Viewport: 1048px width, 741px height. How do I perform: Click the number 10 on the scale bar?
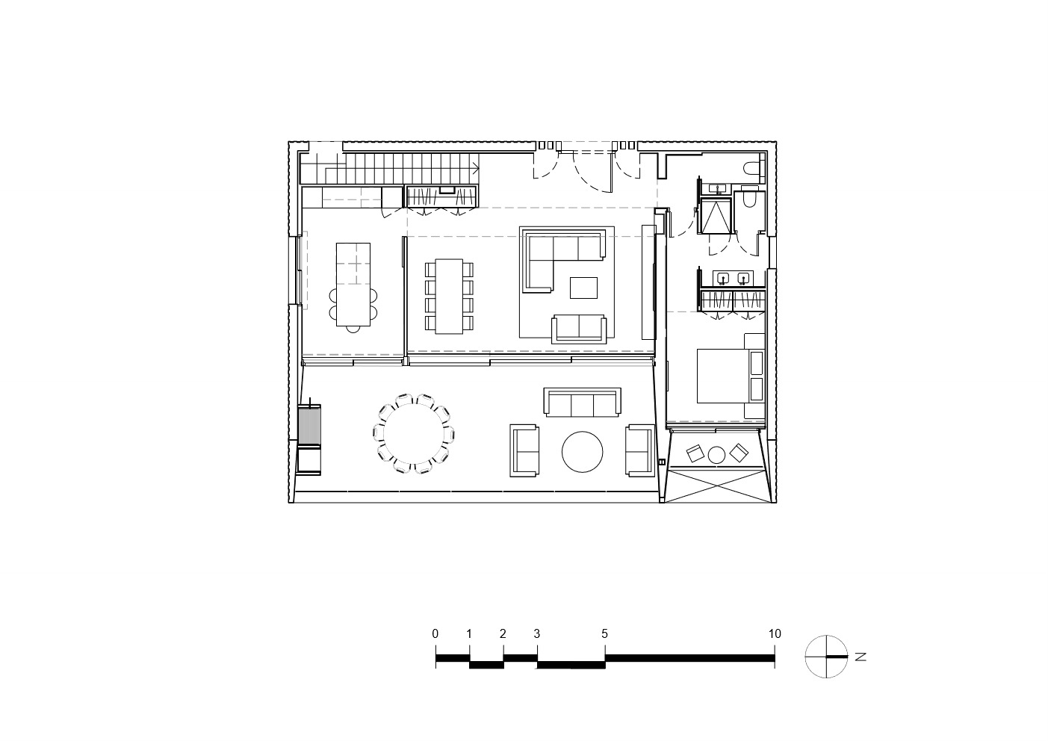tap(775, 633)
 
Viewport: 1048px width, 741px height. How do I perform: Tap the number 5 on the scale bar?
tap(604, 633)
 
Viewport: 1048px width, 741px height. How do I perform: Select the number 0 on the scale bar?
tap(435, 633)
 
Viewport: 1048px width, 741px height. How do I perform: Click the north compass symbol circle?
tap(826, 657)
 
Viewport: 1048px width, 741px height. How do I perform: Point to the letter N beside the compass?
tap(861, 657)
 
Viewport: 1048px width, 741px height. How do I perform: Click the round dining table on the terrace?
tap(414, 434)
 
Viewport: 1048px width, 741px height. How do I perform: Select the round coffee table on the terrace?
tap(582, 451)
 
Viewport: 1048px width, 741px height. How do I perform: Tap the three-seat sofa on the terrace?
tap(582, 402)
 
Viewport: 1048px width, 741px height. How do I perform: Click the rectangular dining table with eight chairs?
tap(449, 296)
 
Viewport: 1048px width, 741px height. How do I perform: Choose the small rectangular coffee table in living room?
tap(583, 288)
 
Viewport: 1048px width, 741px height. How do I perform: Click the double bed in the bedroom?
tap(731, 376)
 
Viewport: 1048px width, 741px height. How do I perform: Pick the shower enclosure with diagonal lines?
tap(716, 216)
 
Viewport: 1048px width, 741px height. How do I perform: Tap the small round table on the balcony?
tap(716, 454)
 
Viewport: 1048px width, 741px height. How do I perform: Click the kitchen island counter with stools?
tap(353, 285)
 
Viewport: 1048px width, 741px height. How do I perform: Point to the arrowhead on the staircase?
tap(476, 167)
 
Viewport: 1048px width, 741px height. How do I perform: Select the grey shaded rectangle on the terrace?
tap(309, 425)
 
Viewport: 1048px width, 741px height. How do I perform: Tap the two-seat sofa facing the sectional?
tap(579, 329)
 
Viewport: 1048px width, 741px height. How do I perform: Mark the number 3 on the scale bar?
tap(536, 633)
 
